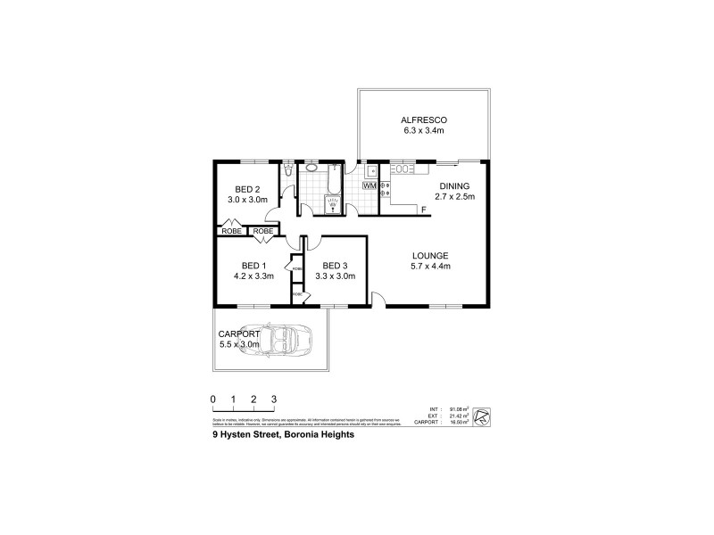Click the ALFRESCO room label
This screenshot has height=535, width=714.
point(423,119)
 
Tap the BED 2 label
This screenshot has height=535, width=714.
point(247,189)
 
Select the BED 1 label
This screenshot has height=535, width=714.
point(254,266)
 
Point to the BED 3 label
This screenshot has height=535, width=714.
point(335,266)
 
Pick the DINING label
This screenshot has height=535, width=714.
point(453,186)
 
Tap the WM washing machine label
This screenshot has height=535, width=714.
point(369,185)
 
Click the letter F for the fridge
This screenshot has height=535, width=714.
point(423,210)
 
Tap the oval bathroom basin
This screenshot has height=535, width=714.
point(311,168)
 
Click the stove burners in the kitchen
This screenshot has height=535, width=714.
point(385,187)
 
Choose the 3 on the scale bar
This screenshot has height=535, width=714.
point(275,399)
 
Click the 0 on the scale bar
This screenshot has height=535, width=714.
point(213,399)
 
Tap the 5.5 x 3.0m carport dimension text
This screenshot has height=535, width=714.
point(239,343)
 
